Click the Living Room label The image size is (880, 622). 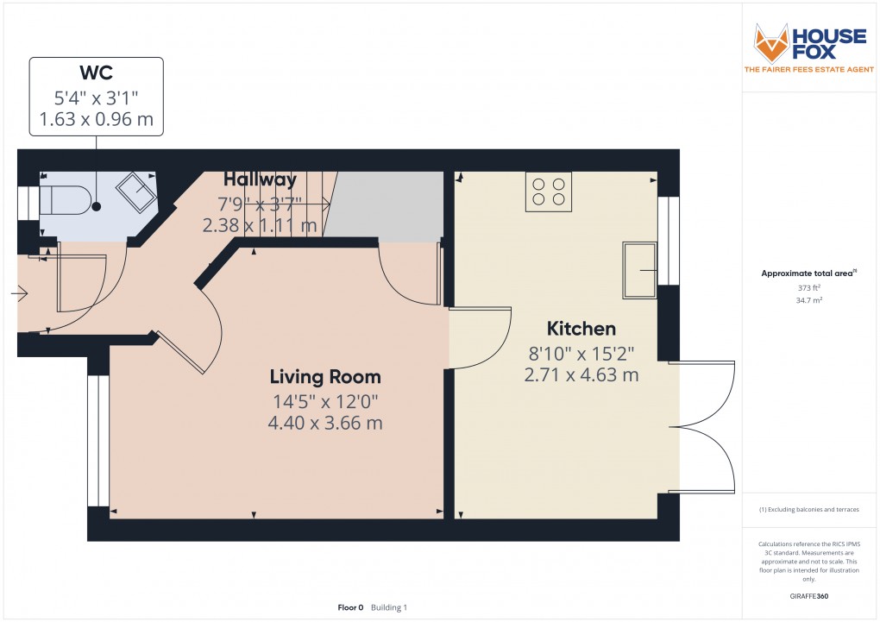325,377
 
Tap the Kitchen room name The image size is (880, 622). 581,329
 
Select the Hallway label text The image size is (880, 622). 260,179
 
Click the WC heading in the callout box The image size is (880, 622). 96,72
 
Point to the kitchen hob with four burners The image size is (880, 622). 549,192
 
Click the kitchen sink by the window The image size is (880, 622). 639,270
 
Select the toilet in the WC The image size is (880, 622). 65,200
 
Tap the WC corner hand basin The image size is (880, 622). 136,191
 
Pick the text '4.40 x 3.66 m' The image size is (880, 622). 325,423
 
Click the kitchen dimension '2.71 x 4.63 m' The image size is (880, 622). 581,374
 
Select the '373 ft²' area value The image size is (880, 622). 808,287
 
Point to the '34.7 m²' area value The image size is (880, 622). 808,300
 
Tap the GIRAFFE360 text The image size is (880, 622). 808,596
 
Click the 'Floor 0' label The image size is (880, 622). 350,607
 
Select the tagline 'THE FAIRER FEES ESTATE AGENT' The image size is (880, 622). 808,70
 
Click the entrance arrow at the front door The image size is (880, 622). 20,293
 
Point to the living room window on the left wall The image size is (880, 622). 98,441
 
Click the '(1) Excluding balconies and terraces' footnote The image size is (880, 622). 808,510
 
